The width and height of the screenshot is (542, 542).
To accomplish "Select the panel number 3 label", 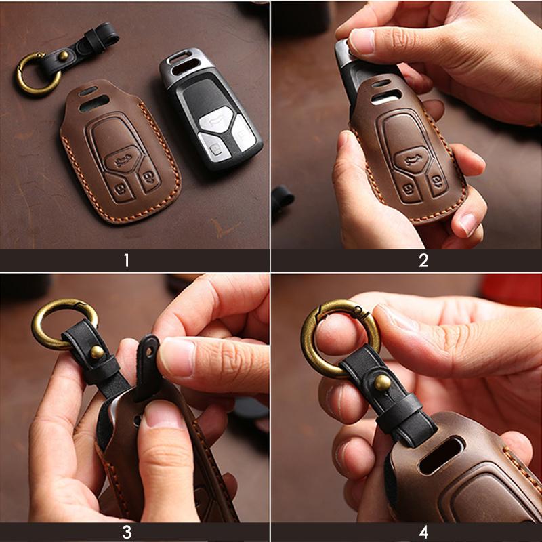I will [x=127, y=532].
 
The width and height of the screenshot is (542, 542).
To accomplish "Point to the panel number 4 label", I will [x=423, y=532].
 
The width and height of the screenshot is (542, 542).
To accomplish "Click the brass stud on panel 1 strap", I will [x=63, y=56].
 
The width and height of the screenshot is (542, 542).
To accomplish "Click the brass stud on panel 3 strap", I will [x=97, y=352].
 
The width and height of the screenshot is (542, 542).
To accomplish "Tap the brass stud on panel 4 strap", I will [x=383, y=383].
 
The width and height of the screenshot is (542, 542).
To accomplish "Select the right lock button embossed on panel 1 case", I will [x=148, y=182].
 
